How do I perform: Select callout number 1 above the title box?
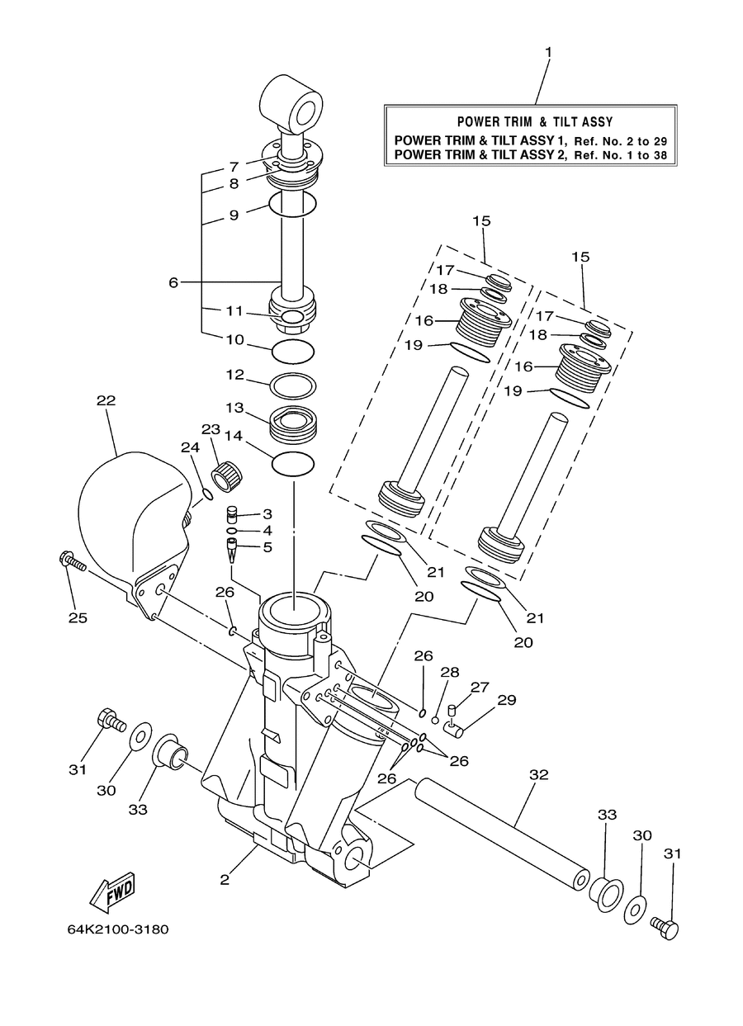[548, 53]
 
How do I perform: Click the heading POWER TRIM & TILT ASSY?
[535, 122]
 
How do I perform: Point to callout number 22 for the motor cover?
[106, 400]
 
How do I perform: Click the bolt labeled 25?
[73, 562]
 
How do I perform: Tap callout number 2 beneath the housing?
[225, 880]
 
